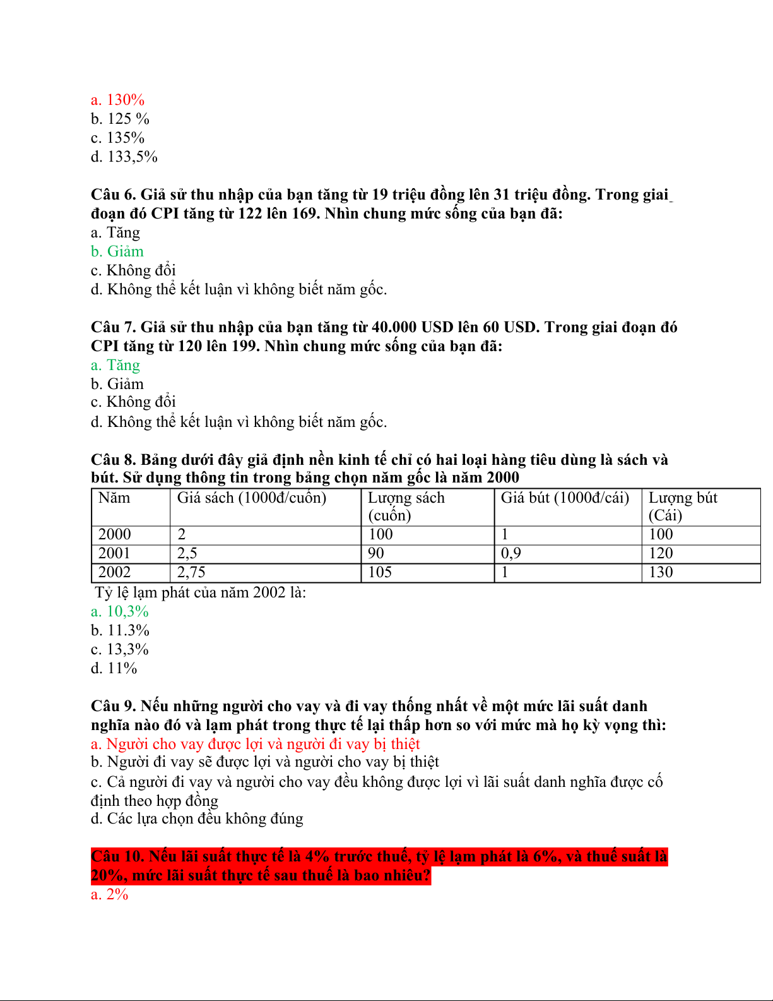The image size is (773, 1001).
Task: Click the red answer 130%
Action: point(118,100)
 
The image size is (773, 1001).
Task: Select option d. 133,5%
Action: point(124,157)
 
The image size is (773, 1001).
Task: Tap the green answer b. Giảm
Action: point(117,251)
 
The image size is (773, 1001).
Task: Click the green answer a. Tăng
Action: point(115,365)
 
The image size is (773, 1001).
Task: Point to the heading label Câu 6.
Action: point(113,195)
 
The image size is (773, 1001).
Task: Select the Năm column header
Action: point(114,498)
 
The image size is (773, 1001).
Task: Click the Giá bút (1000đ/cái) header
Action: point(565,498)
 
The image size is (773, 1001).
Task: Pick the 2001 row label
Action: point(114,553)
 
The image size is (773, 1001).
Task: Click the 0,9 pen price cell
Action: point(510,553)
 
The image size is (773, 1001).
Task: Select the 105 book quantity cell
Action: point(380,572)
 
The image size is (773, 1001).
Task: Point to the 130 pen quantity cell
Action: point(661,572)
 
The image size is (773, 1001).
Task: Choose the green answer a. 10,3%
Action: point(120,611)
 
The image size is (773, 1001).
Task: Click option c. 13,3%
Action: point(120,649)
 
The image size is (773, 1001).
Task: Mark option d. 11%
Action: point(114,668)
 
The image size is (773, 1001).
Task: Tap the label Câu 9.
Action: point(113,706)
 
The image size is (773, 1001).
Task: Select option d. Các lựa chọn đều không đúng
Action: point(197,818)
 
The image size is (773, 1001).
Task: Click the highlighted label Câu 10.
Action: point(117,856)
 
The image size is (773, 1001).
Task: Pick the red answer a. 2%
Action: point(110,894)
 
